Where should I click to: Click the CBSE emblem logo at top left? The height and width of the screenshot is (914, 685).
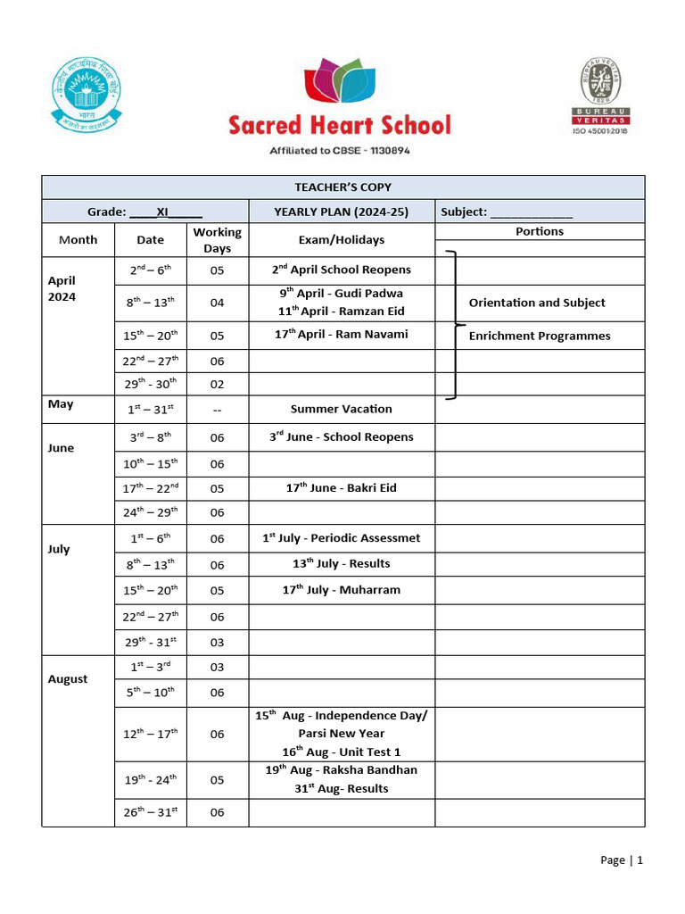87,94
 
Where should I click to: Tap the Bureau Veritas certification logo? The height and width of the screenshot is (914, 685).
600,96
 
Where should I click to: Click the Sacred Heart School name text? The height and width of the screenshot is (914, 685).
340,124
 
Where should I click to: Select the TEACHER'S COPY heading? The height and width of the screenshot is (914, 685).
342,187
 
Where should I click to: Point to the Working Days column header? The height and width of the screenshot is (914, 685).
217,240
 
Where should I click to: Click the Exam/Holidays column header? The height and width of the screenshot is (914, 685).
341,240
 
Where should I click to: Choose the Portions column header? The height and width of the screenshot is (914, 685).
539,231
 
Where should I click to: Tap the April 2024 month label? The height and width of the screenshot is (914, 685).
62,288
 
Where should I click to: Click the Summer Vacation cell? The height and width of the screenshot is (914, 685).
341,409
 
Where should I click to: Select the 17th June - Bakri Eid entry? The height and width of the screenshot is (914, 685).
341,488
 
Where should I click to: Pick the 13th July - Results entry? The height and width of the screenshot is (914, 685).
341,564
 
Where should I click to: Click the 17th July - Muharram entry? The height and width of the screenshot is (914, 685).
341,590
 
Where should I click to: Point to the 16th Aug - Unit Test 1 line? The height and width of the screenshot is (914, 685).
341,752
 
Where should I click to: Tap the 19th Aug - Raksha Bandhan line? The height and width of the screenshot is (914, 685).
341,770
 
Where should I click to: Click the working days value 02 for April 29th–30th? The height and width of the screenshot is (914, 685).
217,384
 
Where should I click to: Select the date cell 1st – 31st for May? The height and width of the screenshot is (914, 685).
150,410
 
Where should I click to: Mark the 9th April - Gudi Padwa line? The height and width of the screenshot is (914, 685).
341,294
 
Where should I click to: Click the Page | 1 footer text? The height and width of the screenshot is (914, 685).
621,860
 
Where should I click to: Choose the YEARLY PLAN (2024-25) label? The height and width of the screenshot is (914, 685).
341,212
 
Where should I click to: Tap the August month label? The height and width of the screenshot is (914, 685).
68,679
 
